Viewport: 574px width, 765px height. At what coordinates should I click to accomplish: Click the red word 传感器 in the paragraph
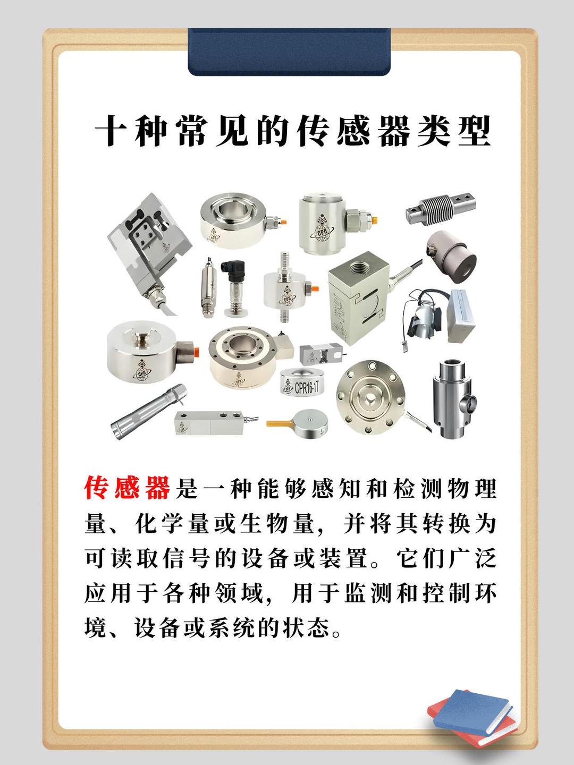pos(127,488)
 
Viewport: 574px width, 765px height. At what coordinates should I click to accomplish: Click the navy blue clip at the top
pos(289,52)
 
